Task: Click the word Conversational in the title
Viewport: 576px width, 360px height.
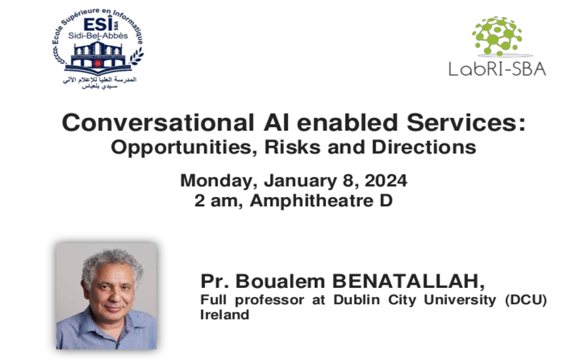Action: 158,122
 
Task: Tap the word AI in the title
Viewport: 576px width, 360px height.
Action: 276,122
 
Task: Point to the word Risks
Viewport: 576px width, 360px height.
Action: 293,147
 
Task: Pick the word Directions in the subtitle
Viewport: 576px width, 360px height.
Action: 424,147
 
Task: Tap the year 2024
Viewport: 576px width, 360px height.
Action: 386,181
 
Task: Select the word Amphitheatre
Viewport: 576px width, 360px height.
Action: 311,201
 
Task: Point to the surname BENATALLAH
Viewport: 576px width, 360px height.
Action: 408,281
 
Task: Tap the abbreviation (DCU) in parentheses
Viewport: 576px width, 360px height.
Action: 526,300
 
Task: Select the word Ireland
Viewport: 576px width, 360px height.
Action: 225,315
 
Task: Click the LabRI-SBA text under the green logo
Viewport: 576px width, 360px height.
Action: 497,69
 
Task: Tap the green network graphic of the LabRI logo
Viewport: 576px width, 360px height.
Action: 497,36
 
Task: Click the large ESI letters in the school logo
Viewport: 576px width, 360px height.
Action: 98,25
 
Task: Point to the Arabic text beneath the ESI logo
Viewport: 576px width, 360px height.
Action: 99,83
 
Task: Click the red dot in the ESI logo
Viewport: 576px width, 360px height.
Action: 98,63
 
